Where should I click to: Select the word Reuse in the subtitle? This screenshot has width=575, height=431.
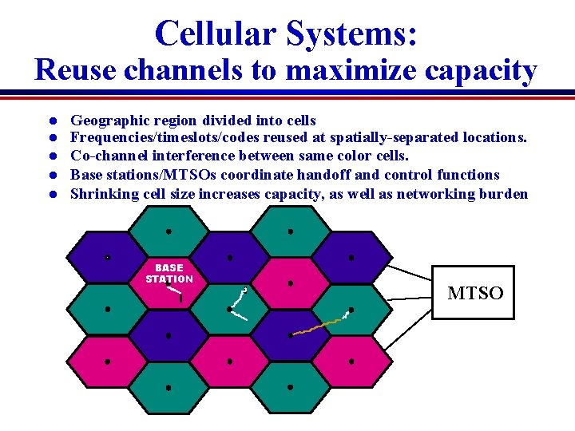[77, 70]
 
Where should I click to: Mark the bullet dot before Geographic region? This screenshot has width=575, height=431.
[50, 121]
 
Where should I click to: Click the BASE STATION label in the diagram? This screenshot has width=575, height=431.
[169, 274]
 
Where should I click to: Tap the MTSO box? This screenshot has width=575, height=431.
[474, 293]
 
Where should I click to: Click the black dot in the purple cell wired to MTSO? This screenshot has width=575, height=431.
[351, 258]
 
